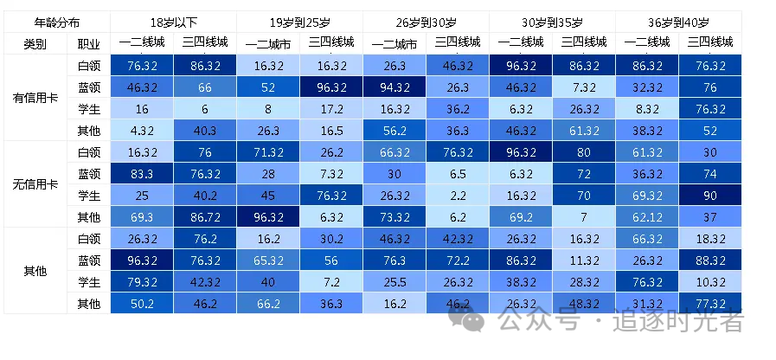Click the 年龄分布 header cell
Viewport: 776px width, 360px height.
pos(57,22)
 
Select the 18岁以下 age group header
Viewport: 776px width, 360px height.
pos(172,22)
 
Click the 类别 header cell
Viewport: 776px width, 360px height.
pos(35,42)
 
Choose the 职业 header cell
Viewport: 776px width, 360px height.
pos(88,42)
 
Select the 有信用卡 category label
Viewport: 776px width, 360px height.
pos(35,98)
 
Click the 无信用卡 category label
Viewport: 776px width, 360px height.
pos(35,184)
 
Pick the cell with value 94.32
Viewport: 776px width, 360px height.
pos(394,87)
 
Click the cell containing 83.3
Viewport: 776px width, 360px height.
pos(141,172)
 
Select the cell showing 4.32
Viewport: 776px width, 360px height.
pos(141,131)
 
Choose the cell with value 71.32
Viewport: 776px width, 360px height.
pos(267,151)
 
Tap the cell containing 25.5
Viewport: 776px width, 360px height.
pos(394,281)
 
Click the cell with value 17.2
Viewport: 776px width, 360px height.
pos(330,109)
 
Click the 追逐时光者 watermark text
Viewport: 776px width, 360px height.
pos(679,321)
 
